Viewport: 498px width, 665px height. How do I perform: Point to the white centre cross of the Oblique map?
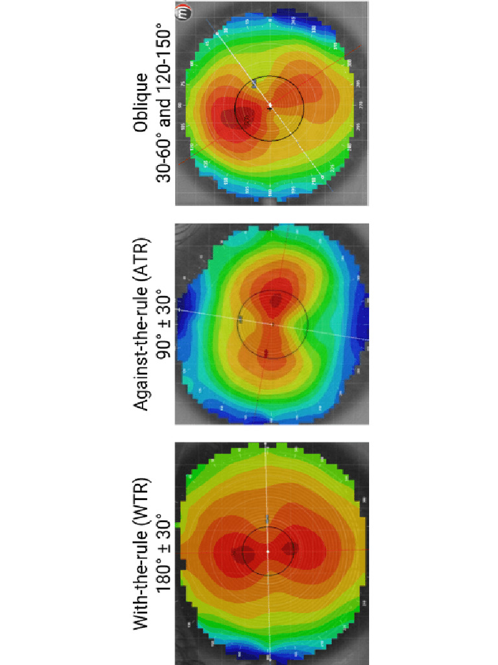pos(270,107)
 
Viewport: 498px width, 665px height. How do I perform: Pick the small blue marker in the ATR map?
pos(241,318)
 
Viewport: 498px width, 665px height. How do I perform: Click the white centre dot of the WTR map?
pos(267,551)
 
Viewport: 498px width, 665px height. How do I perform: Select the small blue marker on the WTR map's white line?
pos(267,518)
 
